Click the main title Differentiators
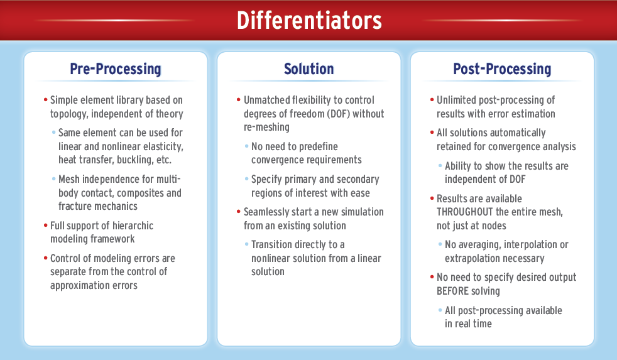[x=309, y=21]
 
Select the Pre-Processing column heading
[x=116, y=69]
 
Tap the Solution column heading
[x=309, y=69]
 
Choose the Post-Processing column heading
[x=502, y=69]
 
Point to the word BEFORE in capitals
[x=451, y=291]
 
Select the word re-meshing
[x=266, y=128]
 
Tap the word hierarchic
[x=133, y=226]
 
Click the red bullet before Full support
[x=46, y=226]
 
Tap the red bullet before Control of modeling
[x=46, y=258]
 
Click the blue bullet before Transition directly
[x=247, y=244]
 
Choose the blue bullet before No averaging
[x=440, y=244]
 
